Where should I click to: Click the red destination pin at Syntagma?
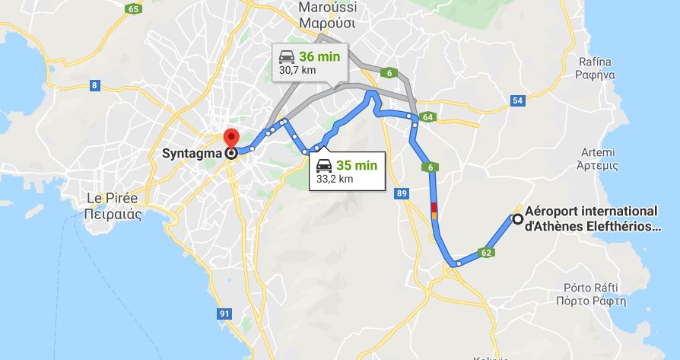(230, 139)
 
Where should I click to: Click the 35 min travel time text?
(356, 165)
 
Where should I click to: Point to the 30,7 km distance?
(297, 71)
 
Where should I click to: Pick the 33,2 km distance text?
(335, 180)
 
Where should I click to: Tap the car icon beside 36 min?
(287, 56)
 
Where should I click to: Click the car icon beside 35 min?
(323, 165)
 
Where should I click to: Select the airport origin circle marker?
(518, 219)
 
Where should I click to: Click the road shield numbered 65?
(135, 9)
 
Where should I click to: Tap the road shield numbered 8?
(95, 85)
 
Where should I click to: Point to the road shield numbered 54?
(517, 100)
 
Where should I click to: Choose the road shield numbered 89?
(402, 195)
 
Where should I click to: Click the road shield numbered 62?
(486, 252)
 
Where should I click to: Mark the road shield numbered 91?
(224, 313)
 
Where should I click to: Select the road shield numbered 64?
(427, 117)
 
